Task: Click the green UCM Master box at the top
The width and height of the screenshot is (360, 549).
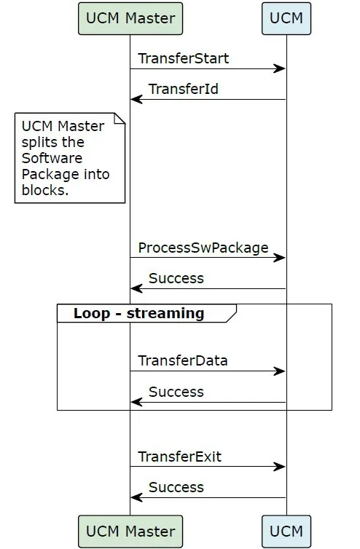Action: [130, 18]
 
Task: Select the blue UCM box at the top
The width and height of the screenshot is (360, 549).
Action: [286, 18]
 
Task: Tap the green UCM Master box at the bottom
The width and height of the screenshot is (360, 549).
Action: [130, 531]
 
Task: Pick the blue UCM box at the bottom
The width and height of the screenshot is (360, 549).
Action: [286, 531]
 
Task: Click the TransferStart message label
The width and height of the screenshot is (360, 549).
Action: [184, 58]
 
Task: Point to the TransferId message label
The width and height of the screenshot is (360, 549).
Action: [184, 89]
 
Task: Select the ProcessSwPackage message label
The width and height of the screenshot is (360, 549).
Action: [203, 248]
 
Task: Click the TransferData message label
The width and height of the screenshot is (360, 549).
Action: [183, 360]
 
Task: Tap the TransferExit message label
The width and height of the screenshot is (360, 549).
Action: [180, 457]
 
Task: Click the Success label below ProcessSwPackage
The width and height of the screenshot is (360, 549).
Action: [176, 278]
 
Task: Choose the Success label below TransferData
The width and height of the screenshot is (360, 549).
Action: [176, 392]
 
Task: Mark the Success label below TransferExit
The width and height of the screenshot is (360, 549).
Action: [176, 487]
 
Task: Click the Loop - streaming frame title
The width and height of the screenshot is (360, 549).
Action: [138, 313]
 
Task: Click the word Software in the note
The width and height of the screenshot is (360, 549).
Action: [52, 158]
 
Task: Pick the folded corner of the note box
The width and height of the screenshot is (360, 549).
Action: [120, 119]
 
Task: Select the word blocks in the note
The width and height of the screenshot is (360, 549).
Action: [45, 190]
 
